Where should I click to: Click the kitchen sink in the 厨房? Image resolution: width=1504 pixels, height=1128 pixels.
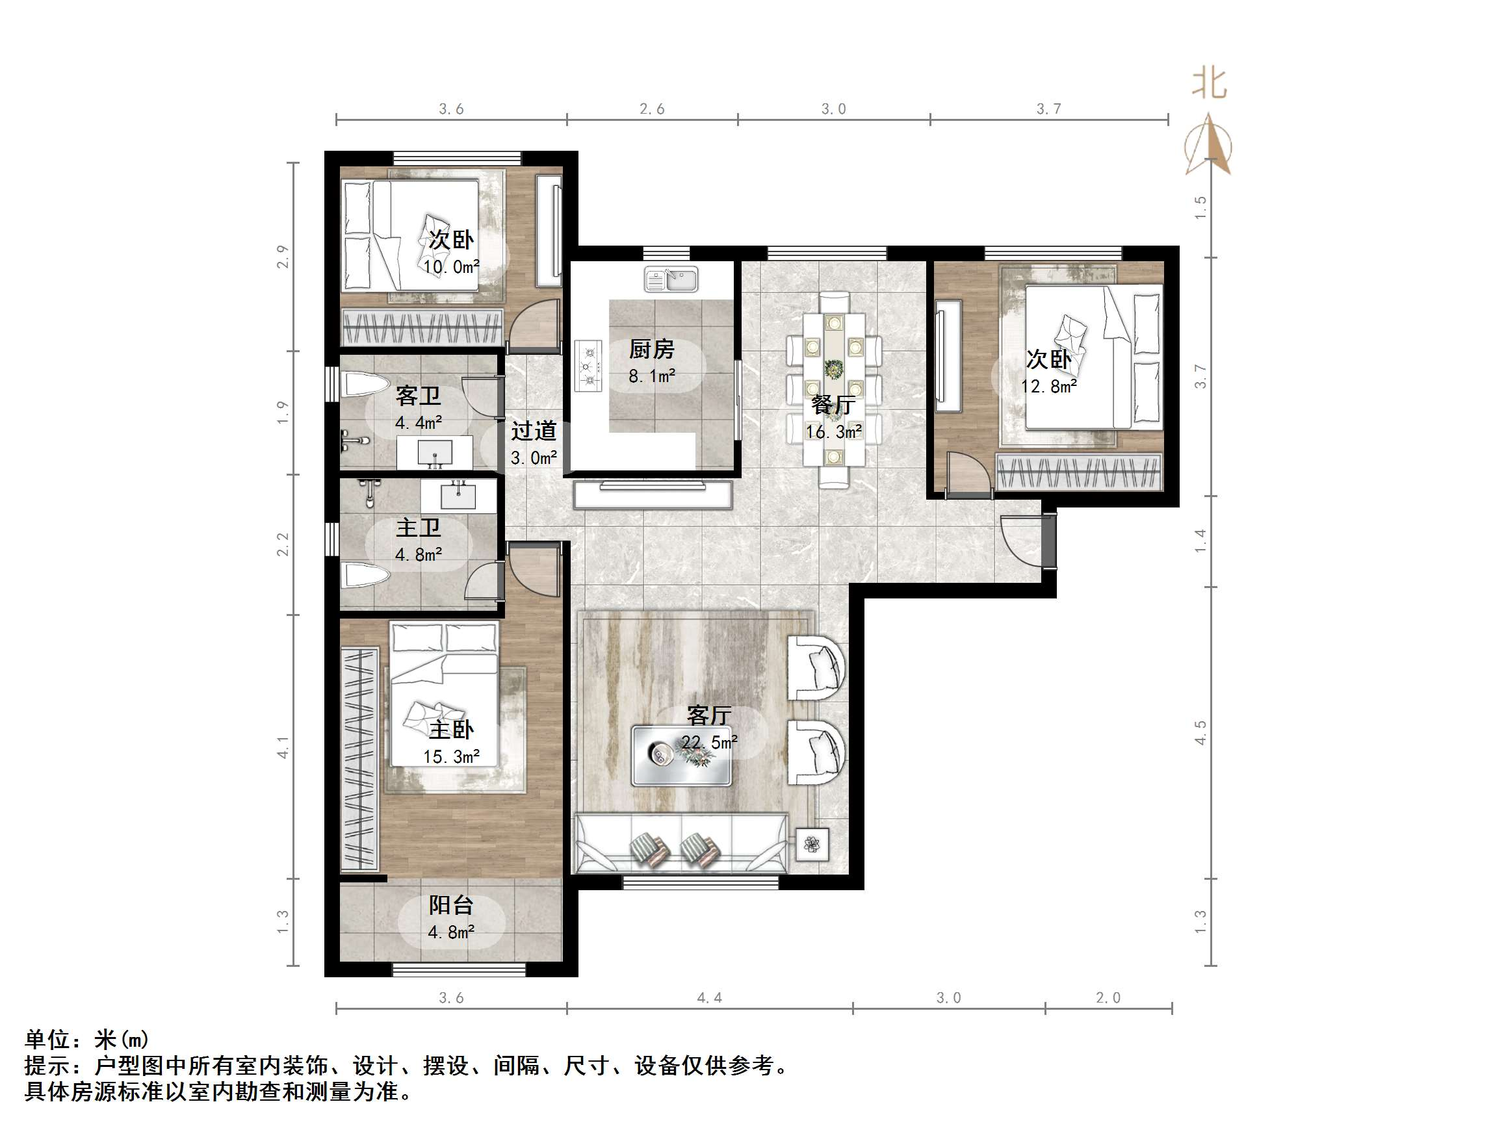[x=671, y=279]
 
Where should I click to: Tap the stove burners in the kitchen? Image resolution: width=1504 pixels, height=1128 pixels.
[x=589, y=366]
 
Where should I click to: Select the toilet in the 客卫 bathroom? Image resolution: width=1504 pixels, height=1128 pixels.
[x=365, y=385]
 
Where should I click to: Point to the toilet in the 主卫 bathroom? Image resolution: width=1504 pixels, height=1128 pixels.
[x=365, y=575]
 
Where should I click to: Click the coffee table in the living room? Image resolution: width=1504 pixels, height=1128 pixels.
[x=681, y=756]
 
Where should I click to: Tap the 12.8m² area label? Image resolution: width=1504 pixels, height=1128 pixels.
[x=1048, y=386]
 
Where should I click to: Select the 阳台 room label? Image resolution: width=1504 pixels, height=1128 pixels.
[x=451, y=905]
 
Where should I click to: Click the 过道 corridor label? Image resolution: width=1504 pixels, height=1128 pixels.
[x=534, y=430]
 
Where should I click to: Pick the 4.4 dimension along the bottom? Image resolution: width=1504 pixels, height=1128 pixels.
[x=709, y=997]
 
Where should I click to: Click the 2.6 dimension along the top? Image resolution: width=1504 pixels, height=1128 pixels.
[x=651, y=109]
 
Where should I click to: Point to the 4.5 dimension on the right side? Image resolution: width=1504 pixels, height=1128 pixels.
[x=1200, y=733]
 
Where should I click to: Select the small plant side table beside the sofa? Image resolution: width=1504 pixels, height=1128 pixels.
[x=812, y=845]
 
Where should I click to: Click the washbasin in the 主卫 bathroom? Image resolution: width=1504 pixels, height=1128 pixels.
[x=458, y=495]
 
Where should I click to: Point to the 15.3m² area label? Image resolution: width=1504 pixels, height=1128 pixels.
[x=452, y=757]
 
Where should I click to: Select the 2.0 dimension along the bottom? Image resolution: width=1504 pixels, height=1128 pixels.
[x=1108, y=997]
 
